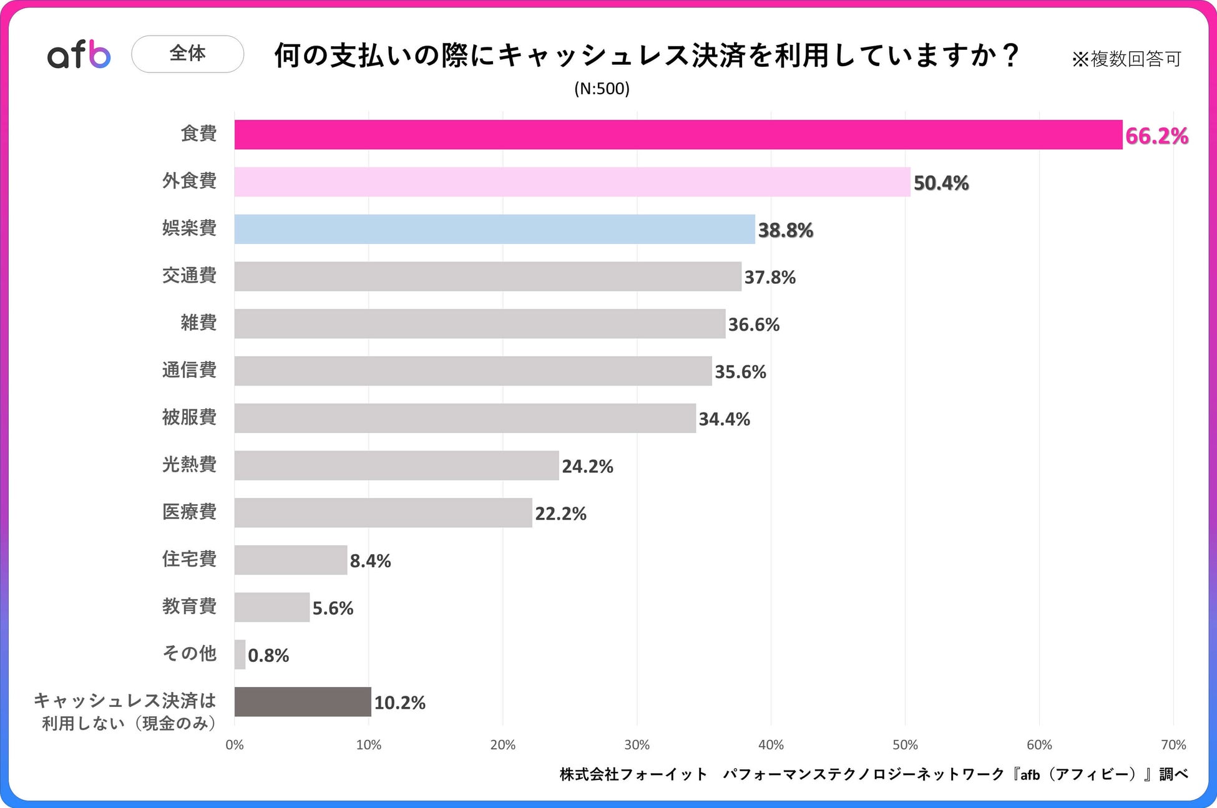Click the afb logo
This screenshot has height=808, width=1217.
79,55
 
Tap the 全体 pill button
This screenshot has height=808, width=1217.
187,54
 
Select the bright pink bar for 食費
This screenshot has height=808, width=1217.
678,135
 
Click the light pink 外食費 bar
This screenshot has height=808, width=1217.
572,182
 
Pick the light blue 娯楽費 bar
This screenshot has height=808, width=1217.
494,229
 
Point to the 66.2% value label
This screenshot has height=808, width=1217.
1156,136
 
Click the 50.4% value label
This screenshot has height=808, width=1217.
941,183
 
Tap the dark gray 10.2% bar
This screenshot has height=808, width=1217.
303,702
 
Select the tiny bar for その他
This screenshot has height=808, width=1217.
240,655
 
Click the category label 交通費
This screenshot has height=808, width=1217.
189,275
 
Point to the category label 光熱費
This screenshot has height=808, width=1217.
189,464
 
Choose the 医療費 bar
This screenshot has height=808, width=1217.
383,513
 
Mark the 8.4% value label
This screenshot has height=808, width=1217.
370,561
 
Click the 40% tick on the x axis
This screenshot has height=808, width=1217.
771,744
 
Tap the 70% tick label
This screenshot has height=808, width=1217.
1173,744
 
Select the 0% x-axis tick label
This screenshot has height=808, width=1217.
235,744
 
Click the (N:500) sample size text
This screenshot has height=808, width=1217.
602,89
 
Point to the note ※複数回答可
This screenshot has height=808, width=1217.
1127,59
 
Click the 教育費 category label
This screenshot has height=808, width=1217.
189,606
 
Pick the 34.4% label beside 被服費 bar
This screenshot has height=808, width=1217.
724,419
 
